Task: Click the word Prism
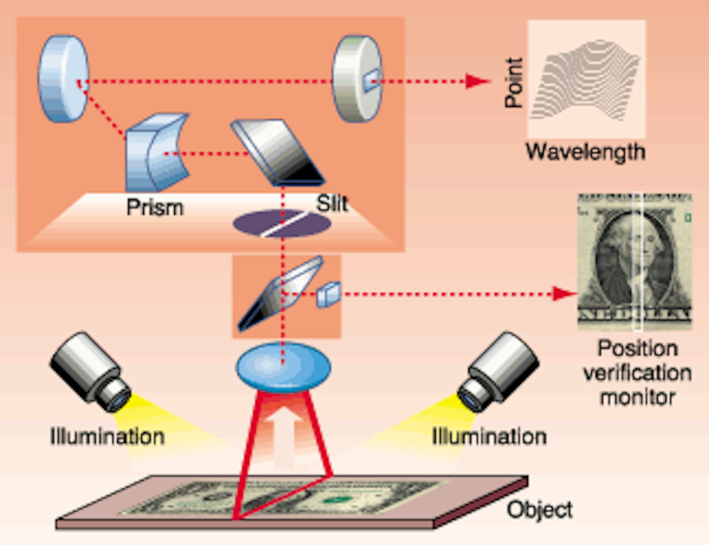pyautogui.click(x=155, y=207)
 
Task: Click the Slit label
pyautogui.click(x=332, y=203)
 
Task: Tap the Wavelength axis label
pyautogui.click(x=585, y=152)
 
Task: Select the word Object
pyautogui.click(x=540, y=510)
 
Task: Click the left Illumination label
pyautogui.click(x=107, y=437)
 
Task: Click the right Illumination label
pyautogui.click(x=489, y=437)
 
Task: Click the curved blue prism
pyautogui.click(x=155, y=153)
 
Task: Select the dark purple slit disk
pyautogui.click(x=282, y=223)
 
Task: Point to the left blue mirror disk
pyautogui.click(x=63, y=79)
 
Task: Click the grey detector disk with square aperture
pyautogui.click(x=357, y=79)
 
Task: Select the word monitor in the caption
pyautogui.click(x=637, y=397)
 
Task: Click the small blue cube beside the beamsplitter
pyautogui.click(x=328, y=295)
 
